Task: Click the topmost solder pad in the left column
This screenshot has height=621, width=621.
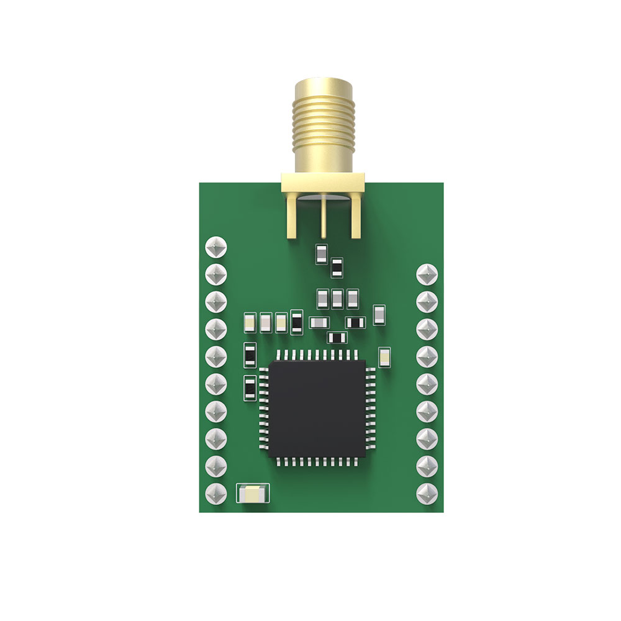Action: (x=215, y=247)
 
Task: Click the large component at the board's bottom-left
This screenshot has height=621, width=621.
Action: (x=253, y=494)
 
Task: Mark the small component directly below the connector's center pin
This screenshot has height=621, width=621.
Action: (x=321, y=253)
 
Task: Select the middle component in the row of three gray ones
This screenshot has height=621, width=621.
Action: (x=337, y=299)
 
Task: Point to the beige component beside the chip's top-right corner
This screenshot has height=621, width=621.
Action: (x=384, y=357)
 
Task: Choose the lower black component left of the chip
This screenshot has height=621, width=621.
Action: (x=250, y=389)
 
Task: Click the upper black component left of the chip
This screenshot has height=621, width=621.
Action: (x=250, y=355)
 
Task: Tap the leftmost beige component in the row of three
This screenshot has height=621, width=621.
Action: (x=250, y=322)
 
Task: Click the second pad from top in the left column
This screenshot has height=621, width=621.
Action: (x=215, y=274)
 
